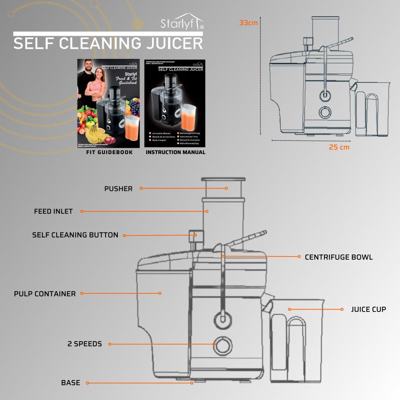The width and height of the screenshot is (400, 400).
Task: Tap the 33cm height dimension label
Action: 248,23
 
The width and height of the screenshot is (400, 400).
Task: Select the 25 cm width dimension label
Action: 339,147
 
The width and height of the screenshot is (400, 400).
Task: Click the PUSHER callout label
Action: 118,189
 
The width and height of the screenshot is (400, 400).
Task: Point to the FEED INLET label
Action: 53,211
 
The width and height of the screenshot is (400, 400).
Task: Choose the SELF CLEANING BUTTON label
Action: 75,235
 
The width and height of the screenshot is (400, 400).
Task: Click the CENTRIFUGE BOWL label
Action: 339,257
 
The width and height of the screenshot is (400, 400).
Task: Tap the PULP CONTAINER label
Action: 45,294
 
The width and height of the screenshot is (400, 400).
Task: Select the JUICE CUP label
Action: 368,309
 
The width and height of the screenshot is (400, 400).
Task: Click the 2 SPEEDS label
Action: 84,344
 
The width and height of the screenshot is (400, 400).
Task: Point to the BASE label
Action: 70,383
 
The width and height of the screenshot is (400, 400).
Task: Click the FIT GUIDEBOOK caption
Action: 109,152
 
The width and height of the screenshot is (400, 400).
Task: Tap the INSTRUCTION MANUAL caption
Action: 175,152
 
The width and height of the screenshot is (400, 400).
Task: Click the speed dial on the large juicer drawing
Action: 222,345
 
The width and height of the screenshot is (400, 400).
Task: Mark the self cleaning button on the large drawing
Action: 193,236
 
